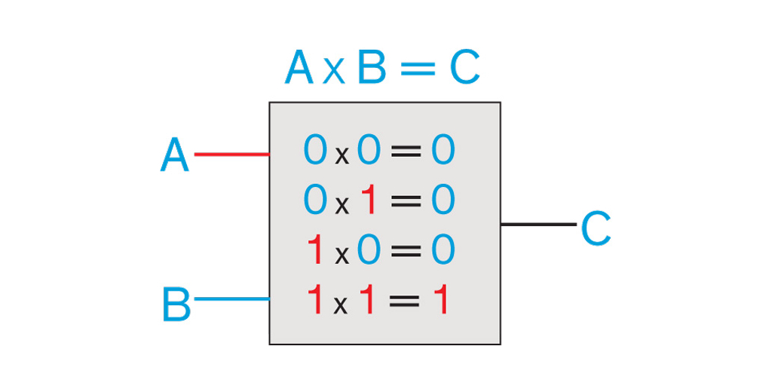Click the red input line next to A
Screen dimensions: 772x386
click(232, 155)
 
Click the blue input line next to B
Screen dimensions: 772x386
click(232, 299)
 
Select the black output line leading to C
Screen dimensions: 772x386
click(538, 224)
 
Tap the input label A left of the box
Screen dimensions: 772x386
click(175, 156)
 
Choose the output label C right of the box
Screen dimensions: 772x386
click(596, 228)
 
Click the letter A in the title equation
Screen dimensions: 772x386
click(299, 69)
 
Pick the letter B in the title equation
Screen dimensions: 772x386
click(371, 69)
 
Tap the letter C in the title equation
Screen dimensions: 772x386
click(464, 69)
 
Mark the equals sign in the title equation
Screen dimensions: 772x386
click(418, 69)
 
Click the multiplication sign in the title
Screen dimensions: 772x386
click(334, 72)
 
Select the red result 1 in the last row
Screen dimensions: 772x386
click(441, 300)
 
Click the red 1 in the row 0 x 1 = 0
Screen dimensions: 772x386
click(368, 200)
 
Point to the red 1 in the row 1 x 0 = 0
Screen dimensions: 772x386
click(315, 250)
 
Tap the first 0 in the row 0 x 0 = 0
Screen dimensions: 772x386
click(315, 150)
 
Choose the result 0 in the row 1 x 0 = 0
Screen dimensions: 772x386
click(443, 250)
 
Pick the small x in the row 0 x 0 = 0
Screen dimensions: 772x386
click(342, 155)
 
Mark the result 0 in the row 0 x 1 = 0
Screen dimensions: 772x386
click(443, 200)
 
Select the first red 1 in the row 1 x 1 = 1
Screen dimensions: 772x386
click(315, 300)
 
